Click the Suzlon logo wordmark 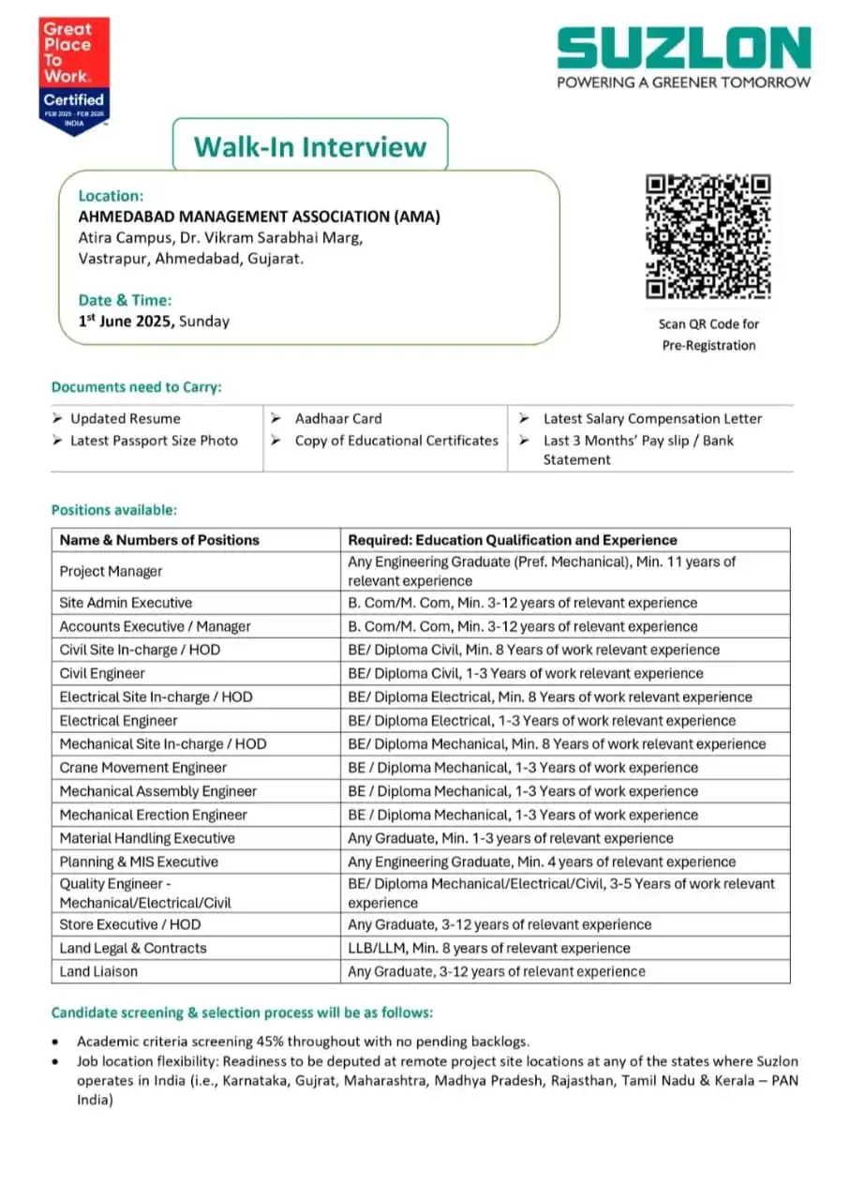683,48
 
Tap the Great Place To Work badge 74,76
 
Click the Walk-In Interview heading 310,146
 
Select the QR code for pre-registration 708,236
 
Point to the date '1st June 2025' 127,321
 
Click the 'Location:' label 111,196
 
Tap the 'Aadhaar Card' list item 338,418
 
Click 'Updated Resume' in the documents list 125,418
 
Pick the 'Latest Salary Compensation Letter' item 652,418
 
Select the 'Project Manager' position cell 111,571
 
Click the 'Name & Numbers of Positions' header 159,540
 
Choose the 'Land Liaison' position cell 98,971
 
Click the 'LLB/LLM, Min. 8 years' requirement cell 488,948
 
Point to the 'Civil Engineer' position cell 102,673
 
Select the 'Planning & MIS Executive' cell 139,862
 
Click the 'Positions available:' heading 113,510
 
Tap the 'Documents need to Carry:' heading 136,386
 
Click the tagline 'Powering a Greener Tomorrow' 683,82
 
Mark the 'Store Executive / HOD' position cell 129,924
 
